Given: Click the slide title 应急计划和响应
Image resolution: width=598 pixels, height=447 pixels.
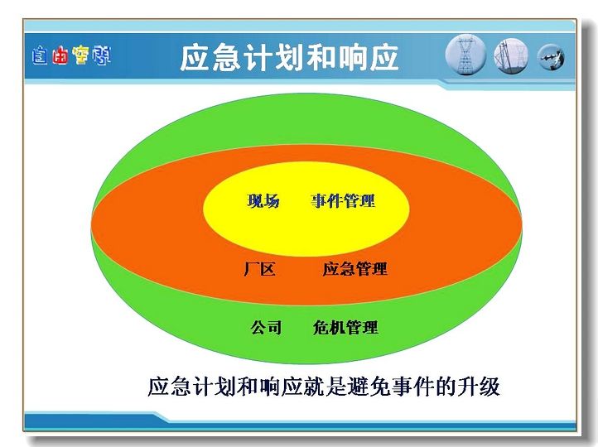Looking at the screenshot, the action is (289, 58).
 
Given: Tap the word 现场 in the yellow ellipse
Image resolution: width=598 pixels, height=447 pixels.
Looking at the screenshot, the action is (263, 201).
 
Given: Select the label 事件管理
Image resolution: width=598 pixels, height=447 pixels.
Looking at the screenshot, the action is (343, 201).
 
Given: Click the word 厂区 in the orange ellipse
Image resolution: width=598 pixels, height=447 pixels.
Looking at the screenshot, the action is (259, 269).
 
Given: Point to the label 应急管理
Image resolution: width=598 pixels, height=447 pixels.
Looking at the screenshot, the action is (354, 269).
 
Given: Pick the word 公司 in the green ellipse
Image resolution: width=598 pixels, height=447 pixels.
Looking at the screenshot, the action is (266, 327).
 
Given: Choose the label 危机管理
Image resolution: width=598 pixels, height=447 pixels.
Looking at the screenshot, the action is (345, 327).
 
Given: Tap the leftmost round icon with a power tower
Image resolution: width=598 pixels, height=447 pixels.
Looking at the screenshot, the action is (465, 55).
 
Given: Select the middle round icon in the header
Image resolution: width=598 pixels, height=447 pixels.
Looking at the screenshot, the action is (511, 56).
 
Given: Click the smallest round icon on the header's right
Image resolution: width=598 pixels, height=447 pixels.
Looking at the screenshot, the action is (551, 58).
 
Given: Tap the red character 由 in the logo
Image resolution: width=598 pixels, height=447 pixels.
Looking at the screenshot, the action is (60, 55).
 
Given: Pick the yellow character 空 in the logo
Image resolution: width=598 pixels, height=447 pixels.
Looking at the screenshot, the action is (80, 55).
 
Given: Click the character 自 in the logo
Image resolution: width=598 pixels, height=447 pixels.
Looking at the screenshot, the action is (40, 55).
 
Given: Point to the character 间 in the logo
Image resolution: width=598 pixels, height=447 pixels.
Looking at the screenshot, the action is (101, 55).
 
